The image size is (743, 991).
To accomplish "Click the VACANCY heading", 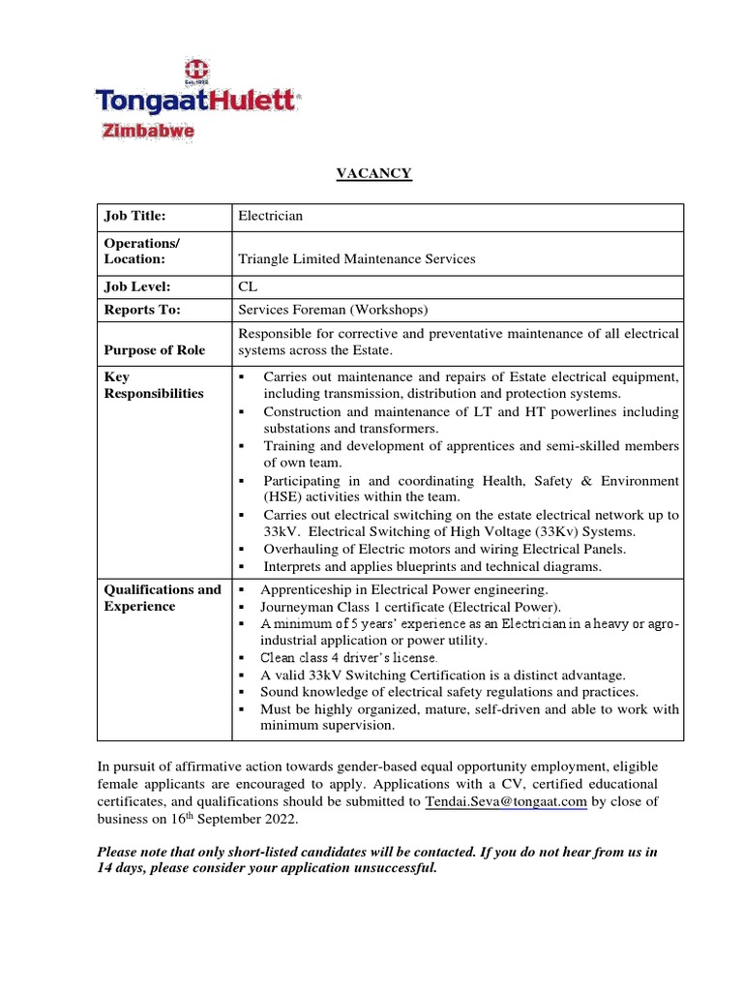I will click(x=373, y=174).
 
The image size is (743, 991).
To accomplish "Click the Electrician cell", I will click(x=270, y=217).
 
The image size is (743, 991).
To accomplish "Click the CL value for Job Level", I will click(x=248, y=287).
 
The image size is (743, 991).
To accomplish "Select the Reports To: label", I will click(x=142, y=311).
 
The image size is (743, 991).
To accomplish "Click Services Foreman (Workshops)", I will click(x=333, y=311).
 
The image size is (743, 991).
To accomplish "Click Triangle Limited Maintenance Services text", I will click(x=357, y=259).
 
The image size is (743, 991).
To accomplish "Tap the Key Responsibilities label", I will click(x=154, y=385).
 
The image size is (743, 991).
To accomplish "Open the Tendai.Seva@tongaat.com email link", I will click(x=506, y=801).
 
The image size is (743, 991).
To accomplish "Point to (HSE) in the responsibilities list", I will click(x=284, y=497).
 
